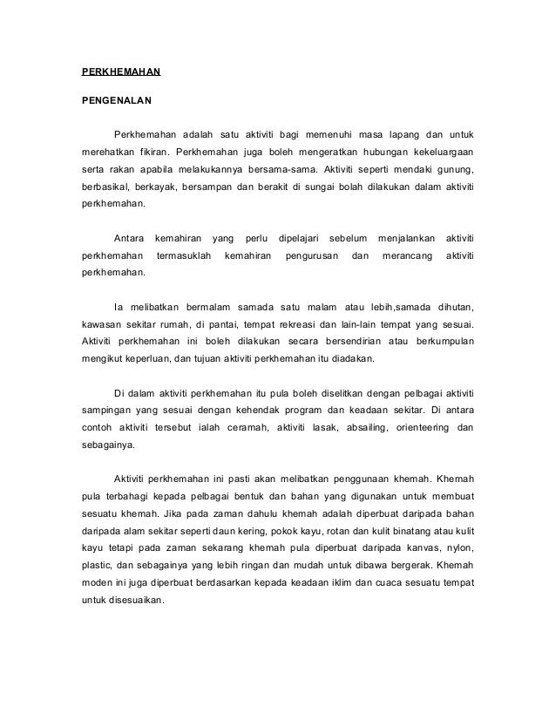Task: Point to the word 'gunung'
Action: pyautogui.click(x=453, y=167)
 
